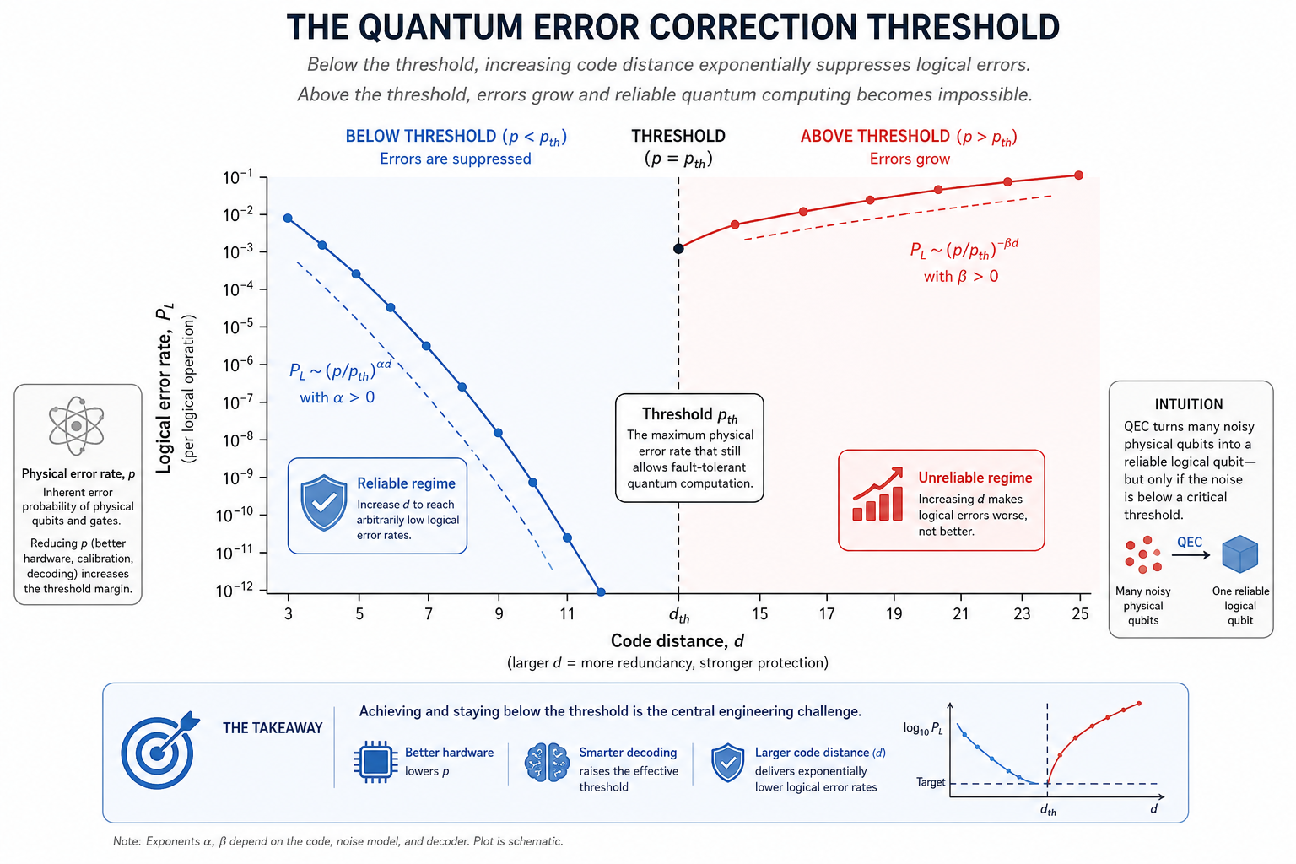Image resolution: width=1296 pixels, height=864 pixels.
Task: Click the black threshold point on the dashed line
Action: [678, 249]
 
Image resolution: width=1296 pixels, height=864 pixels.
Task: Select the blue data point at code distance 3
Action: [288, 219]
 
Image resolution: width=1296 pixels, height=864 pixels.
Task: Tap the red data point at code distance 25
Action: [1078, 175]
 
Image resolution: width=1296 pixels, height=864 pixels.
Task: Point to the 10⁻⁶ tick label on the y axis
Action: [238, 364]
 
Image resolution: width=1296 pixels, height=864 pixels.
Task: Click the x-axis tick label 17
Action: [827, 614]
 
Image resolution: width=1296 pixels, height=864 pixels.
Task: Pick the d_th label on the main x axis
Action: [679, 615]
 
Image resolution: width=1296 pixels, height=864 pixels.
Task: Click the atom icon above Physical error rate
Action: [77, 426]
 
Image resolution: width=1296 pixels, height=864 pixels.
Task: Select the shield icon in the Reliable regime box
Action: [324, 503]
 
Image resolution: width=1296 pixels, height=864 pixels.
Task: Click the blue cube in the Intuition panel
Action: [1239, 553]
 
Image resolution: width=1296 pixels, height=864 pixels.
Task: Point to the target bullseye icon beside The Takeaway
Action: [159, 750]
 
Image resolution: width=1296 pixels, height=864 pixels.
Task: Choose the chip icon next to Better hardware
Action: [375, 762]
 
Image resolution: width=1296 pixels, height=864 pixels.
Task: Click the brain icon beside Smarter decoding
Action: [547, 762]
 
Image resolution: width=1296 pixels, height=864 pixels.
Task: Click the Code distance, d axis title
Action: [678, 641]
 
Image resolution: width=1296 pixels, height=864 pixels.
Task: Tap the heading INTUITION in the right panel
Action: [1189, 404]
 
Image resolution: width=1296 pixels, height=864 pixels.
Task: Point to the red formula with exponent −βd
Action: [964, 249]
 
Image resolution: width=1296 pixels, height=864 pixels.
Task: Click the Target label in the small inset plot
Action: [931, 782]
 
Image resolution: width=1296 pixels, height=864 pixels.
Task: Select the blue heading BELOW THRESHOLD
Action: [421, 136]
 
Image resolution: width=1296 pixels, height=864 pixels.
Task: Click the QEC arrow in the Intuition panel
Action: [1191, 555]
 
